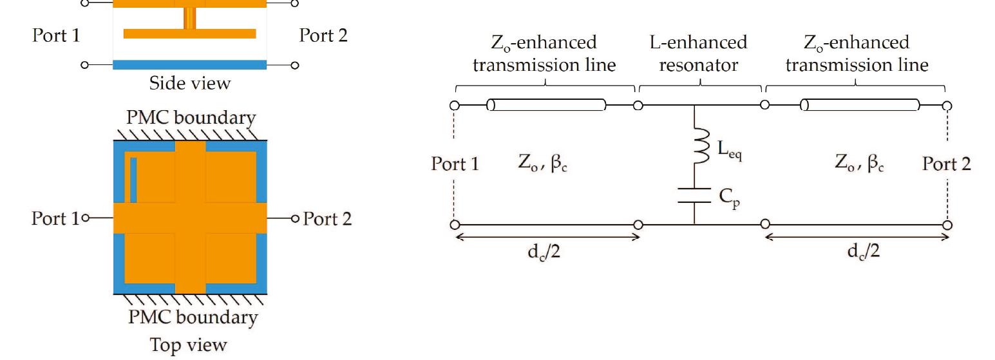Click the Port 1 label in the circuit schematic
coord(455,164)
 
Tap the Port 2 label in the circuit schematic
coord(946,164)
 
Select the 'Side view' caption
coord(189,83)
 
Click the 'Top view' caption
coord(189,345)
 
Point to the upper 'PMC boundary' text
coord(191,118)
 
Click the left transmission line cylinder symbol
coord(546,105)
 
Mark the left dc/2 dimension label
coord(546,251)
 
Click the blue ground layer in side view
coord(189,64)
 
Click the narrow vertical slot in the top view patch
coord(133,180)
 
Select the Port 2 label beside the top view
coord(327,219)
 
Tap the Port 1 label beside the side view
coord(56,35)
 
